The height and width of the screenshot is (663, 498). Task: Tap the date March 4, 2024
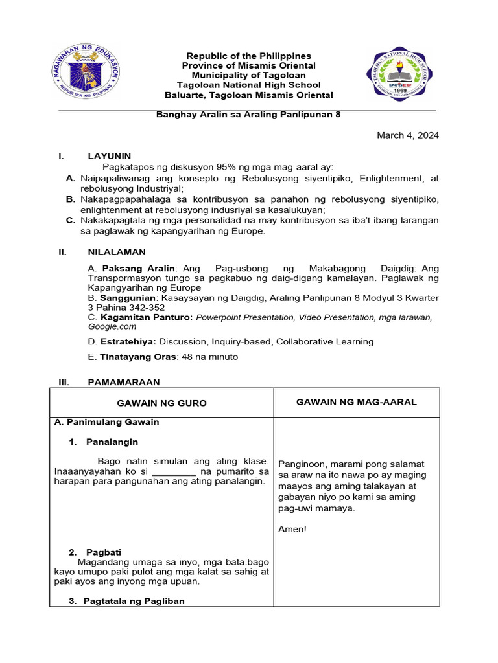(x=408, y=135)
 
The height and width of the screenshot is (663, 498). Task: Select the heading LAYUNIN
(x=109, y=156)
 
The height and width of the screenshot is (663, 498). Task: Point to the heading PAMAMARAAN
(x=123, y=383)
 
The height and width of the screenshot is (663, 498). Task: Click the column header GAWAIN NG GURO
(x=161, y=403)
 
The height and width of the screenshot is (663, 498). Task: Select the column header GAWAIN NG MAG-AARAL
(x=357, y=402)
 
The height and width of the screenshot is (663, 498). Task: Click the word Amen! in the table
(x=292, y=529)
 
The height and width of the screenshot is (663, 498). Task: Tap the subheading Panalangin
(x=112, y=442)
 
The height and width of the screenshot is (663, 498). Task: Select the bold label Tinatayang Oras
(x=135, y=357)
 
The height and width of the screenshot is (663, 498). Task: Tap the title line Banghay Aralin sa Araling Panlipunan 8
(x=248, y=115)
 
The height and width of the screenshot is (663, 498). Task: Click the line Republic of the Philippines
(x=249, y=56)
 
